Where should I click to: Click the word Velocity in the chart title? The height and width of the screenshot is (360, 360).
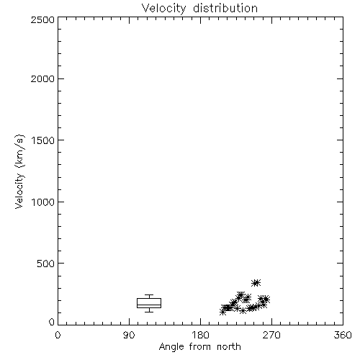tap(163, 9)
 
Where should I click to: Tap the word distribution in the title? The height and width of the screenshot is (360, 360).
tap(225, 8)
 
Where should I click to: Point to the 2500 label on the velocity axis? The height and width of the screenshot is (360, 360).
tap(42, 19)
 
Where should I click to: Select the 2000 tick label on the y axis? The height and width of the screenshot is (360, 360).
tap(42, 78)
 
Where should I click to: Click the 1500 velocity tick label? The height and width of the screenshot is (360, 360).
tap(43, 140)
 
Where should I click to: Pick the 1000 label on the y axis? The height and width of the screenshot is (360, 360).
tap(43, 202)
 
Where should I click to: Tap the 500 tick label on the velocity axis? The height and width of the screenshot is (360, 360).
tap(46, 264)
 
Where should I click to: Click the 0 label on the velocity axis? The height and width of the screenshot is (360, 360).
tap(52, 322)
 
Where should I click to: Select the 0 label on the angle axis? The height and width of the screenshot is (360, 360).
tap(58, 335)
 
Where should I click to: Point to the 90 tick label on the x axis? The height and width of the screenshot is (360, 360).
tap(129, 335)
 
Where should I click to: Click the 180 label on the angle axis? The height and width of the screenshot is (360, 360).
tap(201, 335)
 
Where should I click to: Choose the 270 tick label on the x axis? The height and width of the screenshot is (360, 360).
tap(271, 335)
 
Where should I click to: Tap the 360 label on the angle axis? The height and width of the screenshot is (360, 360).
tap(343, 335)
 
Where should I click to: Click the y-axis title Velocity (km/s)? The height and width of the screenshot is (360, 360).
tap(19, 171)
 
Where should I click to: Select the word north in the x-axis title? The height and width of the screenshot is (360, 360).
tap(229, 347)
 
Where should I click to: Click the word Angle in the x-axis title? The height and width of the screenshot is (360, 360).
tap(171, 347)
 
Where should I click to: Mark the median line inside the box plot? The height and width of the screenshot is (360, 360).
tap(149, 305)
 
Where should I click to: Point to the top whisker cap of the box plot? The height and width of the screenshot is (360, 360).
tap(149, 295)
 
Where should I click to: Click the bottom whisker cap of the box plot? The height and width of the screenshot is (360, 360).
tap(149, 312)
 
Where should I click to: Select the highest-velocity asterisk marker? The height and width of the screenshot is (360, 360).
tap(256, 283)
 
